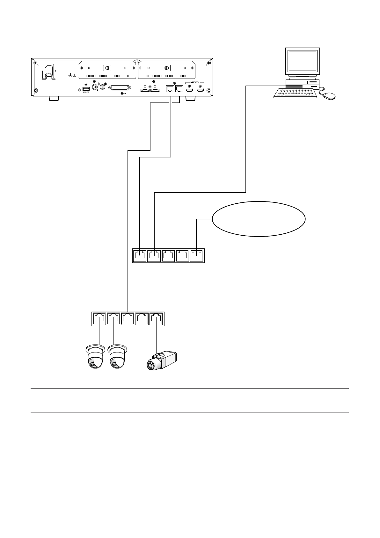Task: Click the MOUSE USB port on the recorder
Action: (86, 88)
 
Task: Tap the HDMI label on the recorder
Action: (195, 82)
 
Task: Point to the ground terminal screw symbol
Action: (71, 76)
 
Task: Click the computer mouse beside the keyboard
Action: (328, 95)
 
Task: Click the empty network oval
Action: (259, 219)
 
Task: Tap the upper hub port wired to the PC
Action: (154, 255)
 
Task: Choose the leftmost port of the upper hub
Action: (140, 255)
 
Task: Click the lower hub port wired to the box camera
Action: (156, 319)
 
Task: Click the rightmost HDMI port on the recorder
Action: (200, 90)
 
